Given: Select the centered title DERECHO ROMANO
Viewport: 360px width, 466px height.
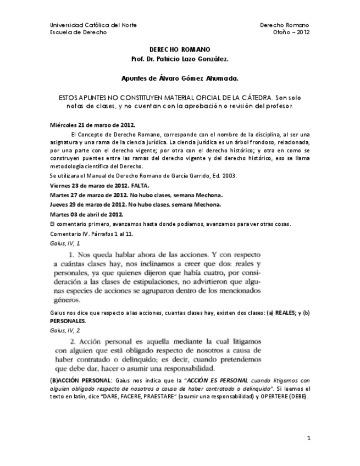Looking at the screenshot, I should click(180, 49).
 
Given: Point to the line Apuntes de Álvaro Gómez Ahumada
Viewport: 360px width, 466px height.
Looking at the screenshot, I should click(180, 79).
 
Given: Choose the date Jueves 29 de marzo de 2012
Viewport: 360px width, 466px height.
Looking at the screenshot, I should click(87, 204).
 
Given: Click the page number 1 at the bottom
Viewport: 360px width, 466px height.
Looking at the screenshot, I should click(309, 437).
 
